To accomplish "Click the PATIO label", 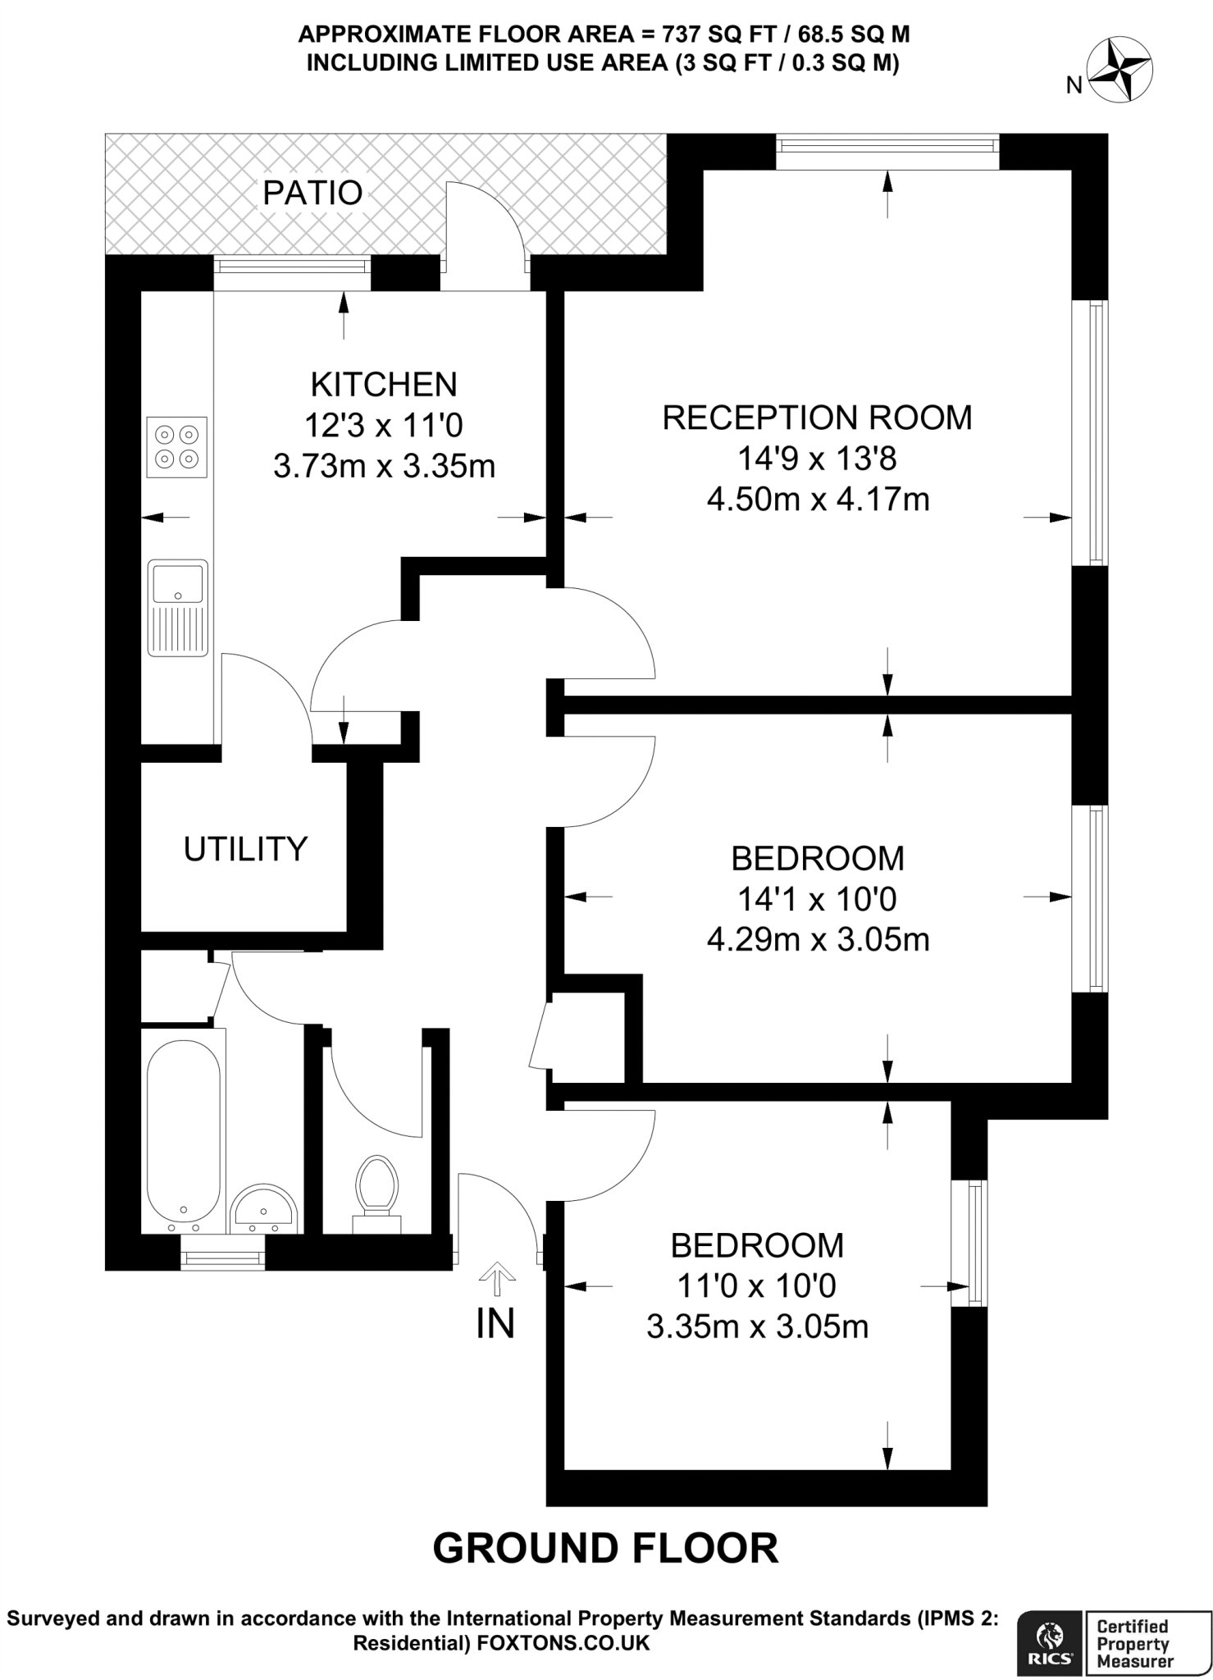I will (312, 193).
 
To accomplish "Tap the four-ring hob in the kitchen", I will (176, 447).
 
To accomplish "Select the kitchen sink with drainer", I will (177, 607).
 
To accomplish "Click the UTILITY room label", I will (245, 849).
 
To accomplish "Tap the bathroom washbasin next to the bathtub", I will (262, 1210).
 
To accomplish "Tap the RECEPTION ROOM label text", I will (817, 418).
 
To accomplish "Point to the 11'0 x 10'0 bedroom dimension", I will (756, 1285).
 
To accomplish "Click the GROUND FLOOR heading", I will (605, 1548).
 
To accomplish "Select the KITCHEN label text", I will (384, 384).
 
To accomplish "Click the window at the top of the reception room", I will (887, 146).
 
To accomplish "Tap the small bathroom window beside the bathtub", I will (222, 1258).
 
